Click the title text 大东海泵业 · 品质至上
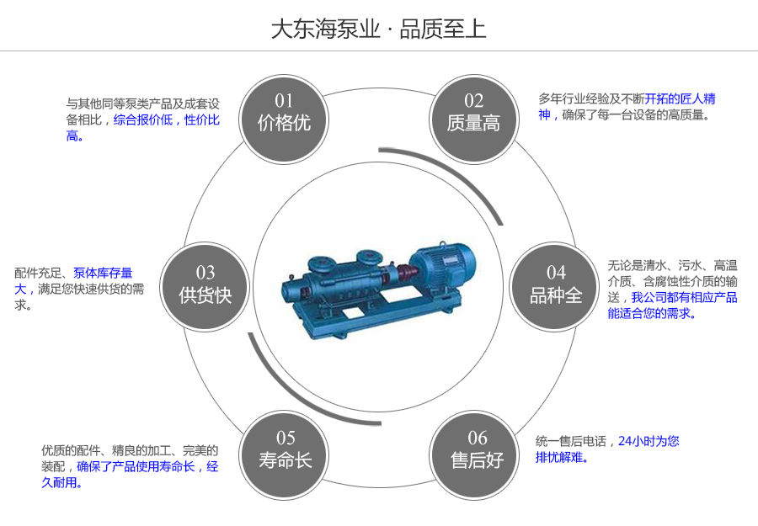(x=378, y=29)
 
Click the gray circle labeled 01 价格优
(x=284, y=114)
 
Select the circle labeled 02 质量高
(x=473, y=114)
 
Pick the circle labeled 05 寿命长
(x=285, y=450)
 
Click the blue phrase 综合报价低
(x=142, y=120)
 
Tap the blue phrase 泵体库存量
(x=103, y=273)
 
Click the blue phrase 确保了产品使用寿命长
(x=136, y=466)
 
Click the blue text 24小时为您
(x=649, y=441)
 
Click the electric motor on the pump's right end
(x=446, y=260)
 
